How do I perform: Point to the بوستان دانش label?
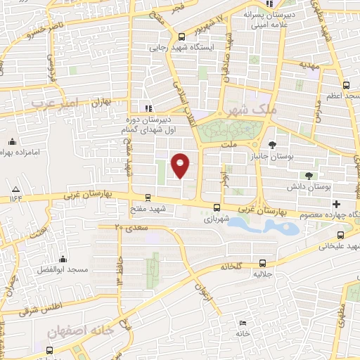pos(309,187)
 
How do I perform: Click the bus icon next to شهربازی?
pos(217,207)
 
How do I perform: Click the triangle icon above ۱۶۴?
pos(15,189)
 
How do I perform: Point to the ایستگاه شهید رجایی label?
pos(181,49)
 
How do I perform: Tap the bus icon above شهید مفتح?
pos(147,198)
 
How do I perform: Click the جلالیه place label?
pos(262,274)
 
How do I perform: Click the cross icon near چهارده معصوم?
pos(337,203)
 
